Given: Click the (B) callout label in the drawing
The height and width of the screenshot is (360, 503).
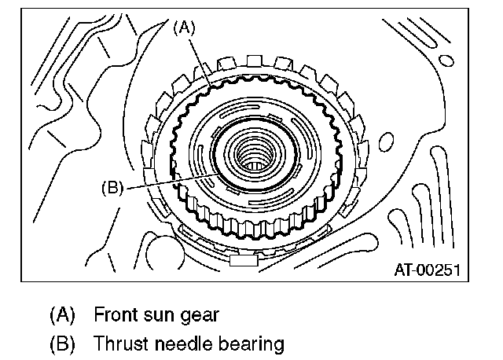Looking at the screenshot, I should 112,187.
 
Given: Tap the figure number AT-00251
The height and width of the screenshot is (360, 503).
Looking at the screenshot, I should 427,270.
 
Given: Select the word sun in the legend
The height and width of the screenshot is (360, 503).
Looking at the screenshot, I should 160,315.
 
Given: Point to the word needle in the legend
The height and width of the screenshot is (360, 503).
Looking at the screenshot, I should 177,343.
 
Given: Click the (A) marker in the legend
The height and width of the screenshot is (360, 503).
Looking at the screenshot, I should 62,315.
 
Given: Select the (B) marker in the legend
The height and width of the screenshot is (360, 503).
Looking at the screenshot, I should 62,343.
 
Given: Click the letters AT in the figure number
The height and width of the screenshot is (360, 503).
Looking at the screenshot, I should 402,270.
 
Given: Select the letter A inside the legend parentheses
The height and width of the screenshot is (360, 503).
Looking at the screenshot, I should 62,315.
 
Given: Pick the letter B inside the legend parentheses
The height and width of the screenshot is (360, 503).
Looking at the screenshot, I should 62,343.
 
